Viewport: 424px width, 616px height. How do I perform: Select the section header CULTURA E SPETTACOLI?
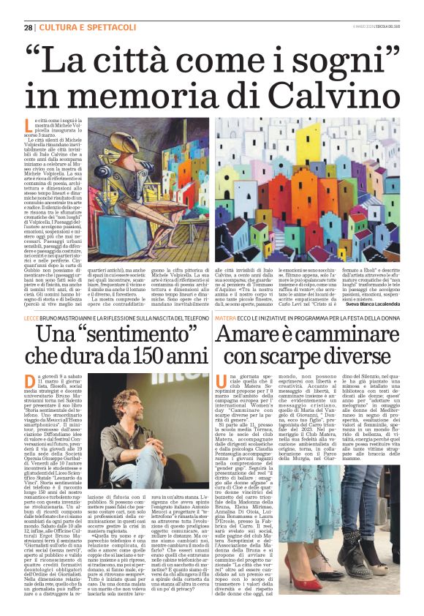[74, 27]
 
